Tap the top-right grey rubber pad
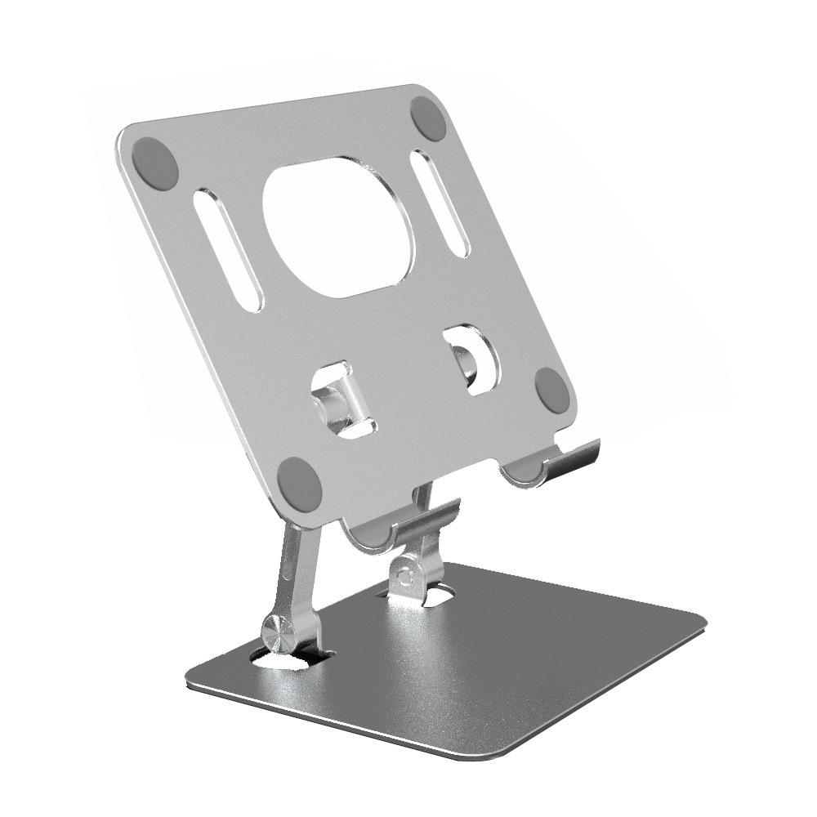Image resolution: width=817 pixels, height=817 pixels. (428, 119)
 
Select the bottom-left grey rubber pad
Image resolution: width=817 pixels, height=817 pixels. (299, 480)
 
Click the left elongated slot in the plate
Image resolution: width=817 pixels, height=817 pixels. (230, 250)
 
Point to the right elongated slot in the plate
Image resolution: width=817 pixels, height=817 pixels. (440, 203)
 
